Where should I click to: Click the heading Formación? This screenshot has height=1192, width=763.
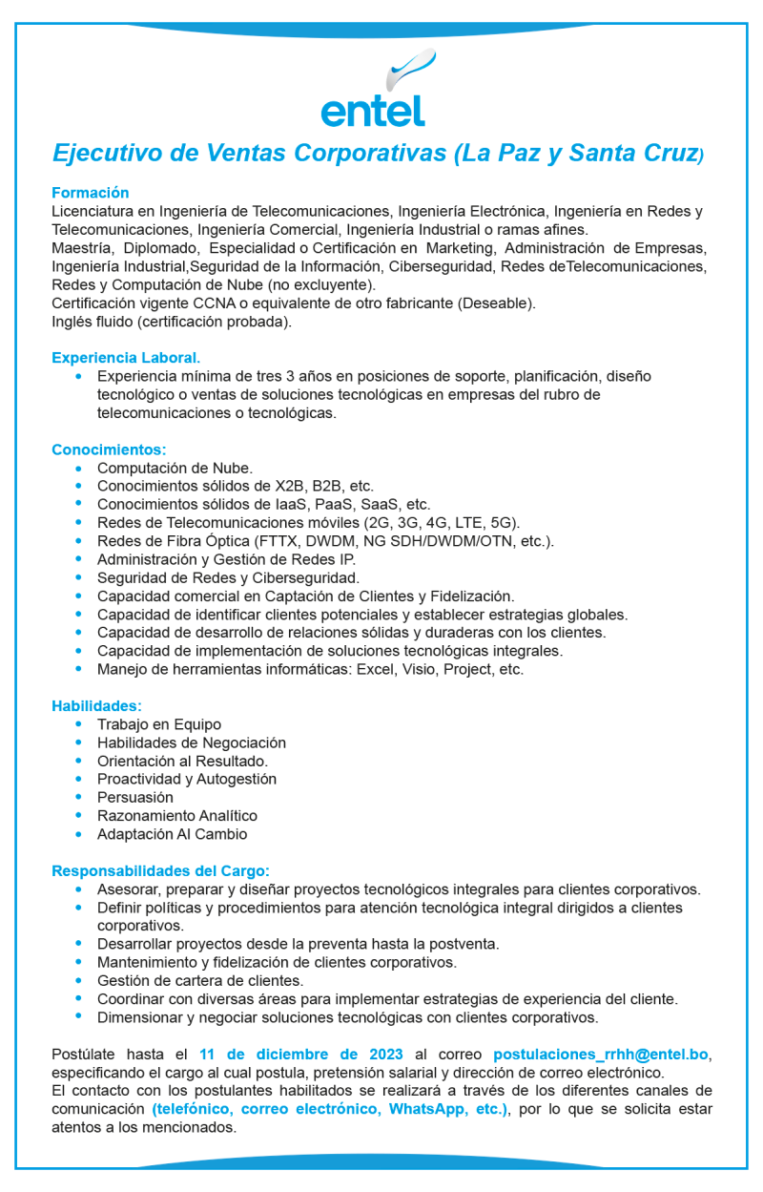[90, 193]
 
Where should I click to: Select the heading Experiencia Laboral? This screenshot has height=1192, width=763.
[126, 358]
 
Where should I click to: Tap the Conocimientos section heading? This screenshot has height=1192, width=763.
[109, 450]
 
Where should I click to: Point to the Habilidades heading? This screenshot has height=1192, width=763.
[96, 706]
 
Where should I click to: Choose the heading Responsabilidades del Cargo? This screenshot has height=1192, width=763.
[160, 870]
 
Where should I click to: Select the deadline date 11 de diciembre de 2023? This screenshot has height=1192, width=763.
[292, 1055]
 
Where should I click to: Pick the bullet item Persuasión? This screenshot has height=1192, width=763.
[135, 797]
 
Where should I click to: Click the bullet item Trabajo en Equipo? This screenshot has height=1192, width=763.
[158, 724]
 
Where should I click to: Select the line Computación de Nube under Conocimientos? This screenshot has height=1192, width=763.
[175, 468]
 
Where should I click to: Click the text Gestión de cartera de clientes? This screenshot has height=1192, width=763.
[200, 980]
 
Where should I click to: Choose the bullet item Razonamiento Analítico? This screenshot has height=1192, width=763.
[177, 815]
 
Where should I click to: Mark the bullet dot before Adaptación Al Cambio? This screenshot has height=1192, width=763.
[78, 833]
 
